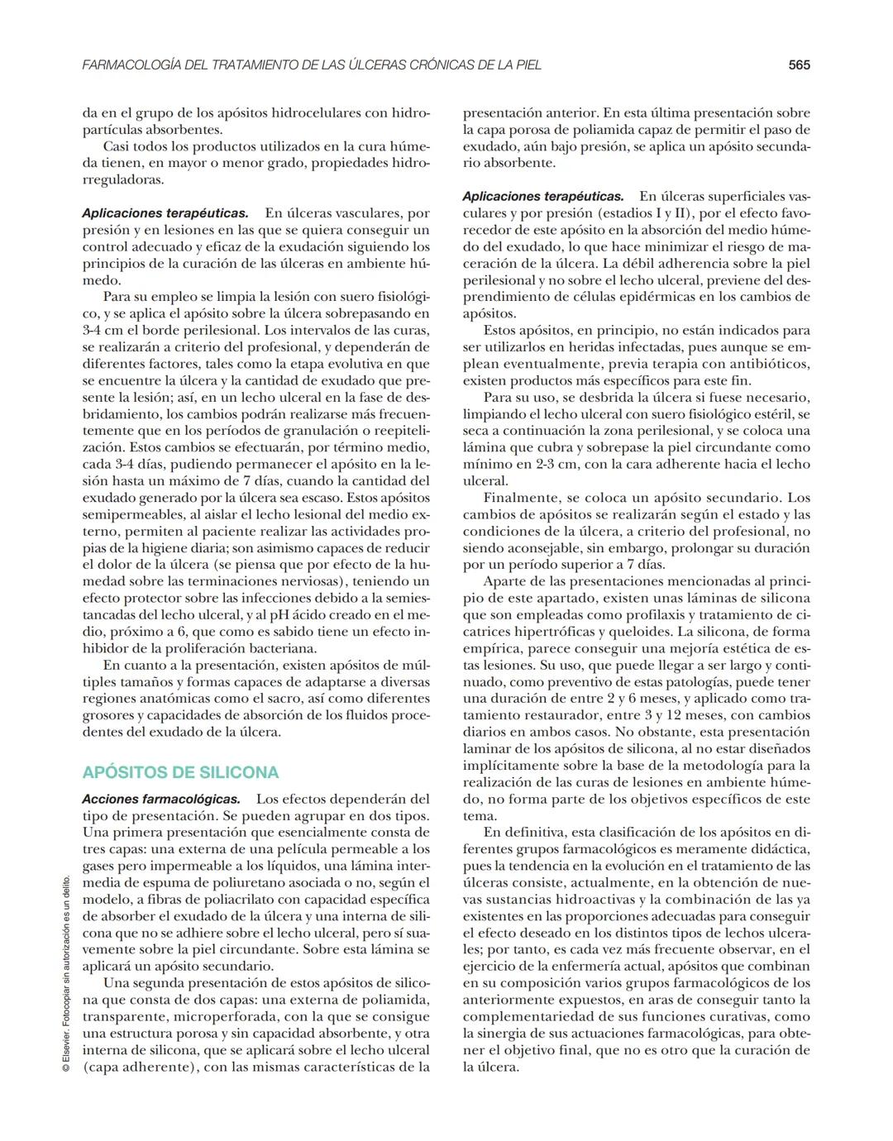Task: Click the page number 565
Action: (x=798, y=64)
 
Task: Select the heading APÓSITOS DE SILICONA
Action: (x=180, y=772)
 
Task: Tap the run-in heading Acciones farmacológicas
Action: (x=161, y=799)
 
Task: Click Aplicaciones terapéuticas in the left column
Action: (x=165, y=213)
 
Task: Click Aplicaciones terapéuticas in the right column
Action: (x=543, y=196)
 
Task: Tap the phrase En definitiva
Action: (x=523, y=832)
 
